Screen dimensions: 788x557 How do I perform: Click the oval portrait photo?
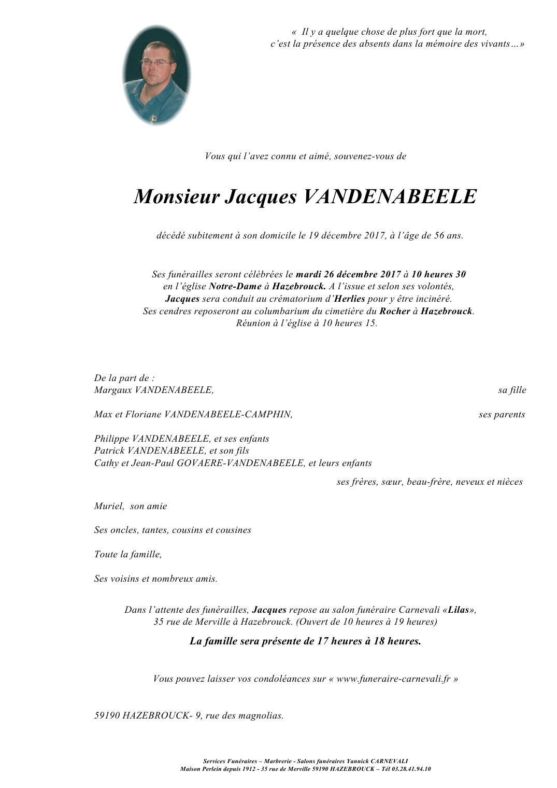[x=156, y=75]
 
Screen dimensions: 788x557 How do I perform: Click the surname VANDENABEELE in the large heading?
[x=389, y=197]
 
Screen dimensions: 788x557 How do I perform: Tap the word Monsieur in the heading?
[x=177, y=197]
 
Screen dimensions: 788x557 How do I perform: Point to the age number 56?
[x=439, y=235]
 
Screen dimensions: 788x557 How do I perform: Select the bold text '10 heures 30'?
[x=438, y=274]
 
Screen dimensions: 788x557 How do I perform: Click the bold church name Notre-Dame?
[x=235, y=286]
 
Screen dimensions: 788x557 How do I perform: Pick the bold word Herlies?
[x=350, y=299]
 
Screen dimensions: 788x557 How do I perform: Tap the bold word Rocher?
[x=395, y=311]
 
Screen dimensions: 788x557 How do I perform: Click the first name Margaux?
[x=112, y=390]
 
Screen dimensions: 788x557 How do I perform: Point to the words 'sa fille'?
[x=512, y=390]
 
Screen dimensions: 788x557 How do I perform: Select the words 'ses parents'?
[x=502, y=414]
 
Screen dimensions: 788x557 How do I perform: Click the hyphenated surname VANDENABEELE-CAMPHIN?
[x=228, y=414]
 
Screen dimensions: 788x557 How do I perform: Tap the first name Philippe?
[x=111, y=439]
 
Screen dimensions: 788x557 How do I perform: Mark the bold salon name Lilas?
[x=459, y=610]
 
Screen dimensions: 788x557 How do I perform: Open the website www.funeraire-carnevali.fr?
[x=393, y=679]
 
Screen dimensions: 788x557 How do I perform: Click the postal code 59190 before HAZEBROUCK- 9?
[x=107, y=716]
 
